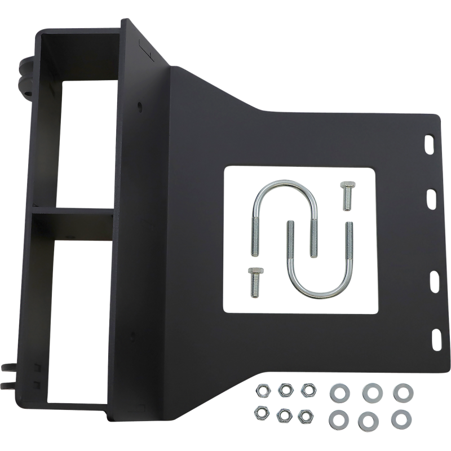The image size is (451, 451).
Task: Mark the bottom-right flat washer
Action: pos(401,418)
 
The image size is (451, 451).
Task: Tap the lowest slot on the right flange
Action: pos(436,338)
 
